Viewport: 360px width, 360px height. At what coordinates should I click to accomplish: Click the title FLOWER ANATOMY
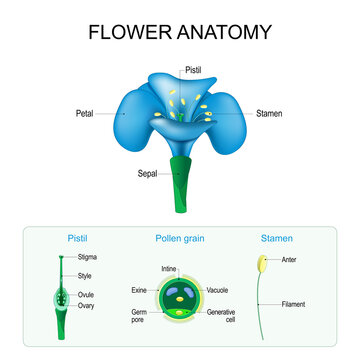[180, 31]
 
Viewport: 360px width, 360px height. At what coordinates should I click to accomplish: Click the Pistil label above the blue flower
[196, 70]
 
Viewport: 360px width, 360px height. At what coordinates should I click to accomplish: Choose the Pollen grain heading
[180, 240]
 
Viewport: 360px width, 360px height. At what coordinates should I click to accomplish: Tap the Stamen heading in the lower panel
[276, 240]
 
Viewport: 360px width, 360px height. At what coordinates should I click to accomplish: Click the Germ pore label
[139, 316]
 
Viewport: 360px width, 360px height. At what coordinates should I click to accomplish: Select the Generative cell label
[222, 316]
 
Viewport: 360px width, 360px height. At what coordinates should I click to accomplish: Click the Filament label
[294, 303]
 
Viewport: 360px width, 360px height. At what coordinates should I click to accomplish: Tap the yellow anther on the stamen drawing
[264, 265]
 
